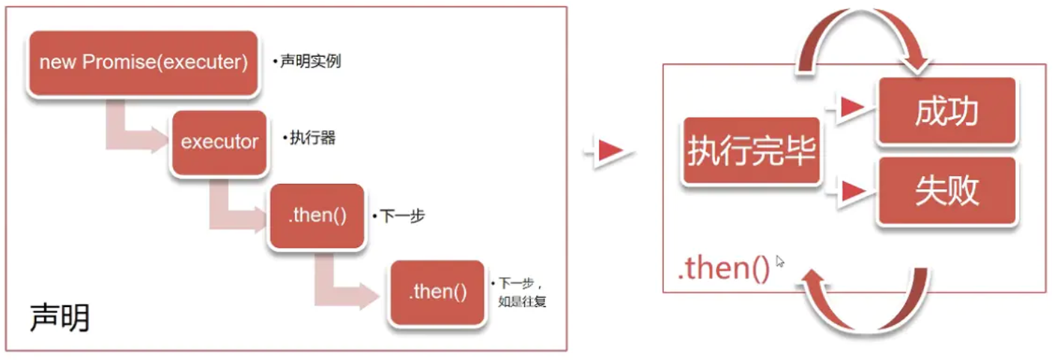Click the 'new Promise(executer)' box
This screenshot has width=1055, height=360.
[x=143, y=63]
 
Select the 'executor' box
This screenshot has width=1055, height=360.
[x=219, y=142]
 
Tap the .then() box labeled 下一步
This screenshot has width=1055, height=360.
[x=317, y=217]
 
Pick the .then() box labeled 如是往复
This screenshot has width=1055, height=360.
[x=437, y=292]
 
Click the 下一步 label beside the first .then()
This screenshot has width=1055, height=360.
[x=399, y=216]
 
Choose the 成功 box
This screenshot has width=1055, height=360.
[x=947, y=112]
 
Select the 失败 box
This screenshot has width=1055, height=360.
[x=947, y=192]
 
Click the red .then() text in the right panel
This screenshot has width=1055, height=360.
[x=723, y=268]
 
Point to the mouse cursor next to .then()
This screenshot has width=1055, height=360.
[x=780, y=261]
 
